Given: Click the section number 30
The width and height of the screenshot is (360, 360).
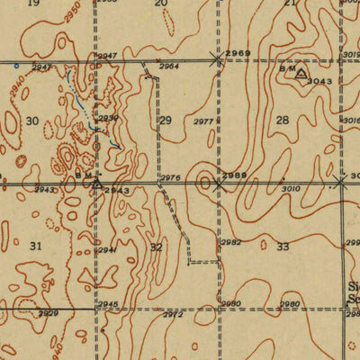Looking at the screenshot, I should click(33, 121).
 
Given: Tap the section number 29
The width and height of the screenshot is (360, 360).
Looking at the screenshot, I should click(166, 120).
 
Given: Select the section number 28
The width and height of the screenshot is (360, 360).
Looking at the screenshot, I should click(283, 120).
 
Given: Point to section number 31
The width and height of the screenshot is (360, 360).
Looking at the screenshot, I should click(36, 245).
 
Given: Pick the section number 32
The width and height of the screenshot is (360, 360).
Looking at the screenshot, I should click(157, 246).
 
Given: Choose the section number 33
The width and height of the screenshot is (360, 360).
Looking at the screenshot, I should click(283, 246).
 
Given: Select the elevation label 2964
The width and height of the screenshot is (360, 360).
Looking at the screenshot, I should click(168, 66).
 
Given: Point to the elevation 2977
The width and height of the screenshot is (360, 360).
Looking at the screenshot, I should click(203, 121).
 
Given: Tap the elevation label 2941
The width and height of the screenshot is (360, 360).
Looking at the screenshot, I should click(107, 249).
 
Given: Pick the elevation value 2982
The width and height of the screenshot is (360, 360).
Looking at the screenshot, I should click(231, 243).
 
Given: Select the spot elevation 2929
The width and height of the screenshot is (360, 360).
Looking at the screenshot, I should click(48, 313).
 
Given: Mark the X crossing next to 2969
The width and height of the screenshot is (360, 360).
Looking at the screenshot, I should click(216, 59).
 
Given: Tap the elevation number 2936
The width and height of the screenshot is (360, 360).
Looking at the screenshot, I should click(108, 118).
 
